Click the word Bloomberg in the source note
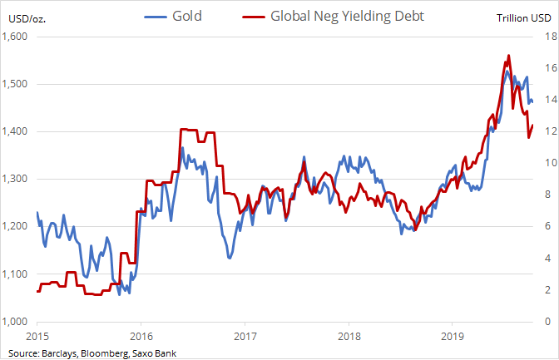(97, 353)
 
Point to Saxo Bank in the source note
(151, 353)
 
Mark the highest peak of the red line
(508, 56)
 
